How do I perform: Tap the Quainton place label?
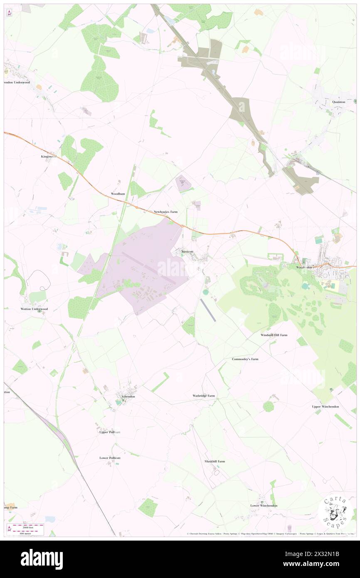pos(339,102)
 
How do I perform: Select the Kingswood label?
pos(49,157)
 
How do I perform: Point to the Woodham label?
pos(118,194)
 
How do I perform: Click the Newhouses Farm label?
pos(165,212)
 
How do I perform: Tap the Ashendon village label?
pos(128,397)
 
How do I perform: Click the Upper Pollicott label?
pos(110,432)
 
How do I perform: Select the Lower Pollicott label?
pos(110,458)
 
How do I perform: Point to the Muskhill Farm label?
pos(215,461)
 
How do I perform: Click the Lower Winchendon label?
pos(264,506)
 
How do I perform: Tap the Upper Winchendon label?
pos(325,406)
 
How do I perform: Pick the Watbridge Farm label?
pos(204,395)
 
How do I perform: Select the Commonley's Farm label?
pos(245,359)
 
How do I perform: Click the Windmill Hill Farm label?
pos(274,335)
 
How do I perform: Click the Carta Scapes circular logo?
pos(335,513)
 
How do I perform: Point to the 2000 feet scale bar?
pos(30,526)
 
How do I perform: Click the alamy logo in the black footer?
pos(42,559)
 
